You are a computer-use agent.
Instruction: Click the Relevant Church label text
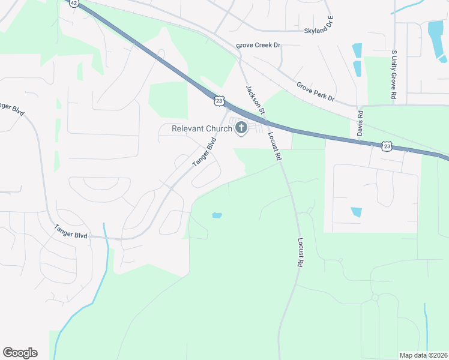click(x=202, y=128)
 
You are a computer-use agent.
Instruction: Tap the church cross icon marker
click(x=241, y=128)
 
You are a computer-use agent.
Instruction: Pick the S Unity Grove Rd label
click(x=394, y=76)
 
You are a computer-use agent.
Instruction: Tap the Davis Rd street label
click(x=360, y=122)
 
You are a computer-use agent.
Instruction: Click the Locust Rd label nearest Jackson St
click(x=275, y=146)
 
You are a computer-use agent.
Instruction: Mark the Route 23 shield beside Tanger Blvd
click(x=220, y=101)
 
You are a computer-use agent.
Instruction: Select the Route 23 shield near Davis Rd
click(x=387, y=146)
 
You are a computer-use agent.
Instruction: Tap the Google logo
click(x=20, y=353)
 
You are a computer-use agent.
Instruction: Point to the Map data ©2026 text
click(x=423, y=355)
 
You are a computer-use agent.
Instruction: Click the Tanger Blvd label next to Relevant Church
click(x=204, y=154)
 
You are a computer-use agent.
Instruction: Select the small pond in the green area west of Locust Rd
click(x=217, y=215)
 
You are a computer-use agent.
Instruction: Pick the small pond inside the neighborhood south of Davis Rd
click(x=357, y=212)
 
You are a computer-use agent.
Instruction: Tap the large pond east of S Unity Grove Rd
click(x=436, y=39)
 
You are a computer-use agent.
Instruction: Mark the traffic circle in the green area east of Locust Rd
click(x=375, y=297)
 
